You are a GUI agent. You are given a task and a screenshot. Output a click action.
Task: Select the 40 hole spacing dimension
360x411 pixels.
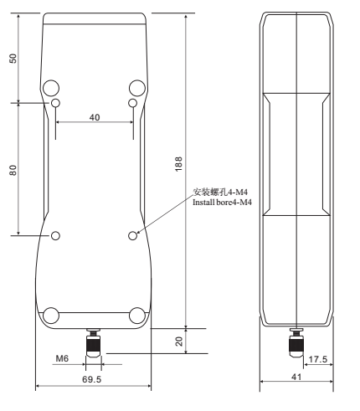pos(94,117)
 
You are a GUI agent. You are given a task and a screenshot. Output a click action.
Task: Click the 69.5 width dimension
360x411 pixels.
pos(93,379)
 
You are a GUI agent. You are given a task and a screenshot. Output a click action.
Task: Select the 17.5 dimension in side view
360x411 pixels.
pos(316,360)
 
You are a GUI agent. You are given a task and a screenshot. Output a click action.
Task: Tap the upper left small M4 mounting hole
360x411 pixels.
pos(55,103)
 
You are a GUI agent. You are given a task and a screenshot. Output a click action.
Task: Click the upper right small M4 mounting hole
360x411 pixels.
pos(132,103)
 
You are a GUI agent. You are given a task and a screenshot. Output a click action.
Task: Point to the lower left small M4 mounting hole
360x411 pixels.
pos(55,236)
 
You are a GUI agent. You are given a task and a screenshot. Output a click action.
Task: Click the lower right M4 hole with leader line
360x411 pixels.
pos(133,236)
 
